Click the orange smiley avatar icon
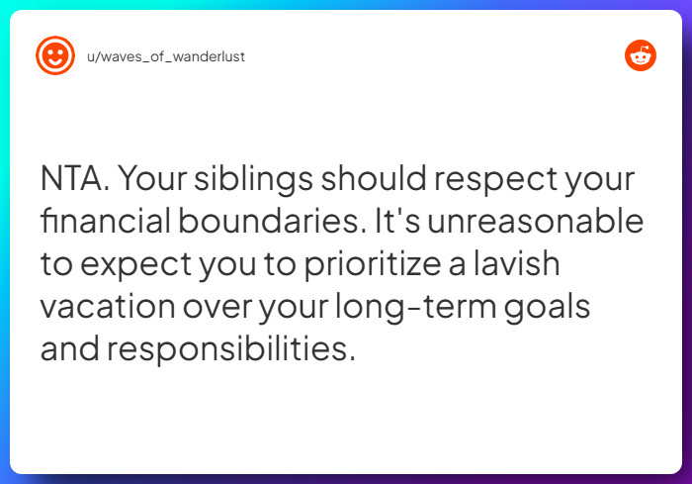pos(54,56)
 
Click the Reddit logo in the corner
pos(641,56)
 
